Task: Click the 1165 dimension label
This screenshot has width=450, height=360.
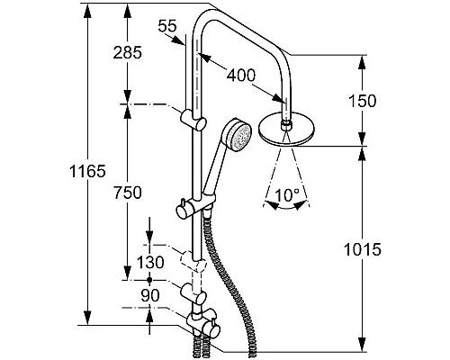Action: (87, 171)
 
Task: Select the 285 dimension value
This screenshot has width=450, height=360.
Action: (128, 53)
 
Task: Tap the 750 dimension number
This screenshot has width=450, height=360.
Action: (128, 193)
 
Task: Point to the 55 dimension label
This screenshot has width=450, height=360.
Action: (167, 26)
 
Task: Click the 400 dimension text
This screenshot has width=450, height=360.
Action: (241, 75)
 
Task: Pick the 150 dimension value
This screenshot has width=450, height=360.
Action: (362, 101)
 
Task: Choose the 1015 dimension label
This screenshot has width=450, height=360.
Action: (363, 249)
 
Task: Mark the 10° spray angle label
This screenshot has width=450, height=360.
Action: (287, 195)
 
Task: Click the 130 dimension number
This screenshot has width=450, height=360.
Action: (150, 262)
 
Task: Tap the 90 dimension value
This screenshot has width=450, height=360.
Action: (150, 296)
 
